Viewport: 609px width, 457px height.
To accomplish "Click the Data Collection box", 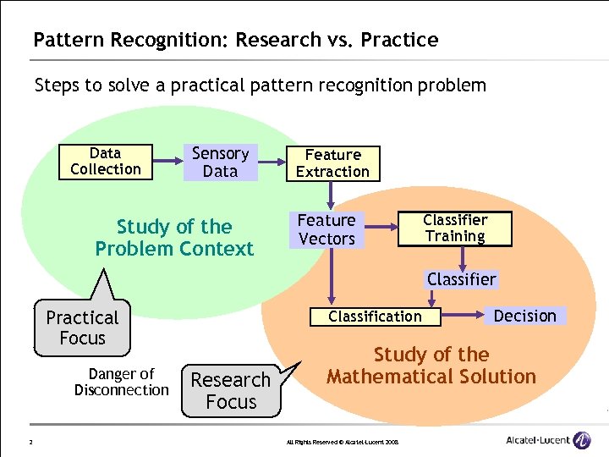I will click(x=105, y=161).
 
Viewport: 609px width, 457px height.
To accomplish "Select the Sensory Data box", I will click(x=220, y=162).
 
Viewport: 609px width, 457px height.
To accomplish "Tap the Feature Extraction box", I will click(x=332, y=163).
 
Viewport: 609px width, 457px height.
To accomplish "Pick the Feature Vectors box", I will click(x=326, y=229).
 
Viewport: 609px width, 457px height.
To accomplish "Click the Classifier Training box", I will click(x=455, y=228).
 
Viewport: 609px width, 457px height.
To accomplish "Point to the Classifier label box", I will click(x=461, y=279).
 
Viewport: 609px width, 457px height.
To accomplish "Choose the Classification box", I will click(x=375, y=317).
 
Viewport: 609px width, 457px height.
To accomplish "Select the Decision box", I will click(x=524, y=316).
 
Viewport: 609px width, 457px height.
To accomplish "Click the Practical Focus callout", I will click(x=82, y=328).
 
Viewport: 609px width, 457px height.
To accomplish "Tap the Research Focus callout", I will click(x=231, y=390).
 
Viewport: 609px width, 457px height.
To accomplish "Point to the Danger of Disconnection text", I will click(x=121, y=382).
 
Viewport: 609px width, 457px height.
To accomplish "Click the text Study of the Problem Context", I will click(x=174, y=238).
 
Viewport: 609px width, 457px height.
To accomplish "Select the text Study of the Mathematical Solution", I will click(x=431, y=366).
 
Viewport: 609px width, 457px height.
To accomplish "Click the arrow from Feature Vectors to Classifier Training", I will click(x=381, y=227).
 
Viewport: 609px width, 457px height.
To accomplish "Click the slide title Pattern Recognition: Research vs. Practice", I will click(x=235, y=40).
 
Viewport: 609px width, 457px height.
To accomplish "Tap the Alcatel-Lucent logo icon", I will click(x=582, y=439).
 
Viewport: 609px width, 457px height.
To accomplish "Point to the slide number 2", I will click(x=30, y=441).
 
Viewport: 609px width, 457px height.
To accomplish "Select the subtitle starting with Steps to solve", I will click(x=260, y=85).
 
